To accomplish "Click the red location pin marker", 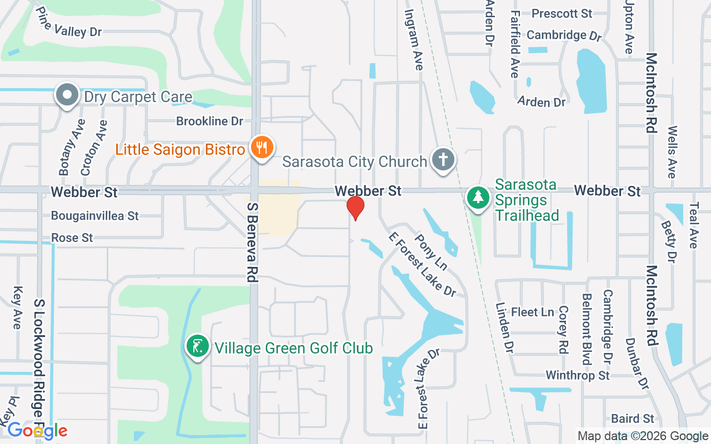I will click(x=355, y=208).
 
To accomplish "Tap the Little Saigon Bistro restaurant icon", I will click(x=260, y=148).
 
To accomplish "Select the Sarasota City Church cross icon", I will click(x=443, y=160).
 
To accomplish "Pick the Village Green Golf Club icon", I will click(x=197, y=347).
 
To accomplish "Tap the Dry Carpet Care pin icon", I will click(x=67, y=95).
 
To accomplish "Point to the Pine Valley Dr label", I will click(x=69, y=23).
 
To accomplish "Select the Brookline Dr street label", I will click(x=210, y=121).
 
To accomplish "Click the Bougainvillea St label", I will click(x=94, y=215).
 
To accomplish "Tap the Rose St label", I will click(x=72, y=238).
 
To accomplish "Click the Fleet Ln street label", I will click(x=532, y=312).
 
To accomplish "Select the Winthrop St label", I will click(x=578, y=376).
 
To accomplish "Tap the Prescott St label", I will click(x=562, y=13).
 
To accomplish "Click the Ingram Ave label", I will click(x=414, y=39).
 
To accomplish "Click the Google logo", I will click(x=37, y=431).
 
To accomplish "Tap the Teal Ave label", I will click(x=693, y=224).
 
